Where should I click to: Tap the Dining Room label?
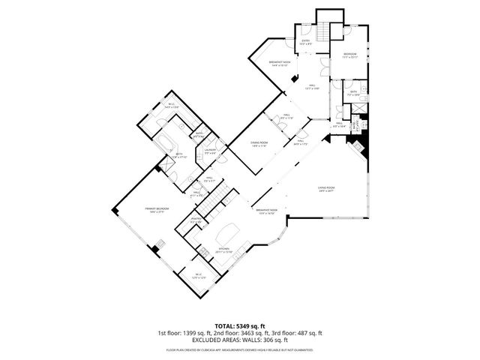(x=248, y=145)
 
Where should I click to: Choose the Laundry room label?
(x=211, y=151)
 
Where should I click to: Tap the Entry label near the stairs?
(x=306, y=42)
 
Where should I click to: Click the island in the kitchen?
(x=228, y=230)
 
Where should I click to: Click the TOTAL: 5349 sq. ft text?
(x=239, y=326)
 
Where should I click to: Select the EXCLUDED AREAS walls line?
(x=239, y=340)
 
